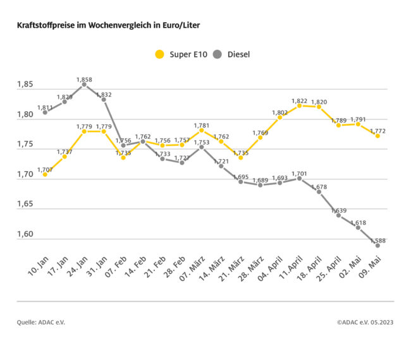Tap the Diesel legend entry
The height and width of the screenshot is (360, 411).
231,54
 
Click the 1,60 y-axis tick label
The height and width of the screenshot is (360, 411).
26,234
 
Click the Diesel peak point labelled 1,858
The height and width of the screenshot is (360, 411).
84,85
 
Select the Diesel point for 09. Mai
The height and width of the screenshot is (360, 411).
377,246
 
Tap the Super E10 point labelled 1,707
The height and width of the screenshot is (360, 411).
45,174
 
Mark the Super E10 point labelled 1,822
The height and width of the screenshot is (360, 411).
299,105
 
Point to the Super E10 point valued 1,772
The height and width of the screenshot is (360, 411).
377,136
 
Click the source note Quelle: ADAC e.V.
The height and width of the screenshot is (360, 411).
41,322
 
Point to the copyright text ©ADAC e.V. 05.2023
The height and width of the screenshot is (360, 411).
365,322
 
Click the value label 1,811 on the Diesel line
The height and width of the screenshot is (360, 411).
45,108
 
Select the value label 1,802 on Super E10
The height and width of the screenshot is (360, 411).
279,112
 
